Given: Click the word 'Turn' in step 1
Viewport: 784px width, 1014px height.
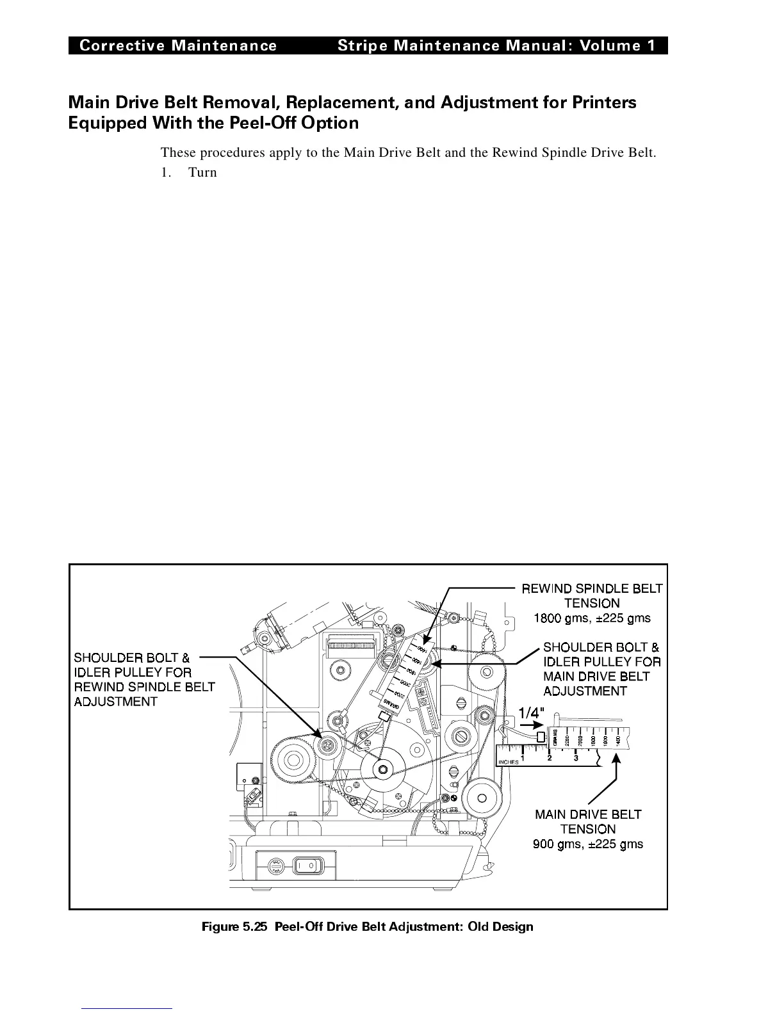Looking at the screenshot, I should point(202,172).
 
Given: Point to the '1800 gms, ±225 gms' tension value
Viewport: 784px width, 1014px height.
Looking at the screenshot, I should point(592,618).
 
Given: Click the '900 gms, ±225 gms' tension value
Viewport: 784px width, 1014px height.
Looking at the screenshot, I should point(588,844).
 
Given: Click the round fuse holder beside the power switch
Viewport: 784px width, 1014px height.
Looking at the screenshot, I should point(277,865).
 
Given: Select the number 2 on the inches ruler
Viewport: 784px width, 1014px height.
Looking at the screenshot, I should point(550,759).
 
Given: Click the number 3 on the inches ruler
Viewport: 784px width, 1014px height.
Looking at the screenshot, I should point(576,759).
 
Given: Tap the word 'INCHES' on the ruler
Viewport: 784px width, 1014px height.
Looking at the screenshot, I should point(509,762).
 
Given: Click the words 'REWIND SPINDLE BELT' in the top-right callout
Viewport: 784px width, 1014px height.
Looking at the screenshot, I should point(592,588).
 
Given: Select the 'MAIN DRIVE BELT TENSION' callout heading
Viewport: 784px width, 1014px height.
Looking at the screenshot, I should point(588,821).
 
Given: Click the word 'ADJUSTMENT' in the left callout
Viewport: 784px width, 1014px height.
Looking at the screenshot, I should point(115,702).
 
